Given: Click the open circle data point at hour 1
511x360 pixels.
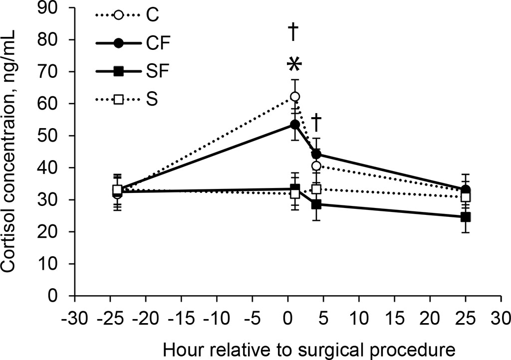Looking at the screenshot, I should tap(295, 97).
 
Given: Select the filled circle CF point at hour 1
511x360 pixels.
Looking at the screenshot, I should tap(295, 124).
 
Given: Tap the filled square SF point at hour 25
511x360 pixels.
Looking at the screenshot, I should tap(466, 217).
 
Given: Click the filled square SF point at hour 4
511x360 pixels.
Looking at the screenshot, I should tap(316, 204).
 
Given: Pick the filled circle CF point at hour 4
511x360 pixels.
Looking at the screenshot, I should tap(316, 154).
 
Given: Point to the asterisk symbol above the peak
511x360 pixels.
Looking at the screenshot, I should tap(294, 65).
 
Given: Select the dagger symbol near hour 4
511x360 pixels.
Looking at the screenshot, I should tap(316, 122).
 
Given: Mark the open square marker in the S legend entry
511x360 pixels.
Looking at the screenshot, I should tap(118, 100).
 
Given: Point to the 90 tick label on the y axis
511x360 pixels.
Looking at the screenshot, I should tap(58, 8).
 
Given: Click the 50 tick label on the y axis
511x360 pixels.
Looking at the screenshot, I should tap(58, 136).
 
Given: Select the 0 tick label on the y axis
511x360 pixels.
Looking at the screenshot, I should tap(63, 296).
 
